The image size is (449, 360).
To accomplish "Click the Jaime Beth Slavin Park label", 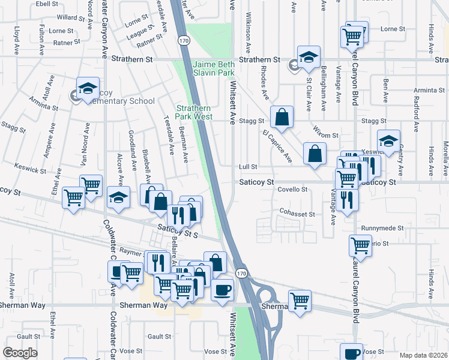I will point(213,68).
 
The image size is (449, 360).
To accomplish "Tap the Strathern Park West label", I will point(194,112).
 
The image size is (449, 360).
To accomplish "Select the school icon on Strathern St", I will point(309,58).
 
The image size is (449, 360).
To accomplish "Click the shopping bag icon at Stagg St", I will point(281,118).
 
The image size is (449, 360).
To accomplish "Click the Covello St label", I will point(292,190).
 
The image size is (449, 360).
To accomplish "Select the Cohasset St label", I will point(297,214).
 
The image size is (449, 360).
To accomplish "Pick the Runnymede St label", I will point(384,229).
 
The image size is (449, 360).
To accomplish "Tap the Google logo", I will point(20,353).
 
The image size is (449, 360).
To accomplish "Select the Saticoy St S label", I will point(178,229).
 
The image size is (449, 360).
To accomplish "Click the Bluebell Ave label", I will point(145,163).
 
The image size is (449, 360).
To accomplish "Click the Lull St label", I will point(248,167).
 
